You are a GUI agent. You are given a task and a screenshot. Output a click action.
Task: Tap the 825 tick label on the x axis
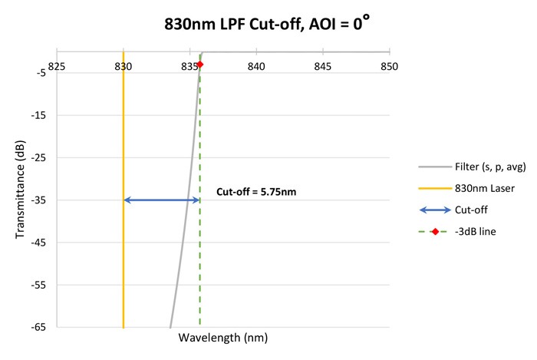[56, 66]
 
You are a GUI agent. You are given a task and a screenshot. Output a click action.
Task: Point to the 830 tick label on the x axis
[123, 66]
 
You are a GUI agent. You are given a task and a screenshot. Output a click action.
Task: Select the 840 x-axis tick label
[256, 66]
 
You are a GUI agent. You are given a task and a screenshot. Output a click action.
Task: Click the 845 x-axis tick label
[323, 66]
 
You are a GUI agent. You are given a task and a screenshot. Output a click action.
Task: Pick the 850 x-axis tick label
[390, 66]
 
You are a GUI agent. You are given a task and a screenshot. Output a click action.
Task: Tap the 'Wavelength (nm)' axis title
[222, 338]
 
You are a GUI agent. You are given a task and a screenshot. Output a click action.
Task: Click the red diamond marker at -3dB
[200, 65]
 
